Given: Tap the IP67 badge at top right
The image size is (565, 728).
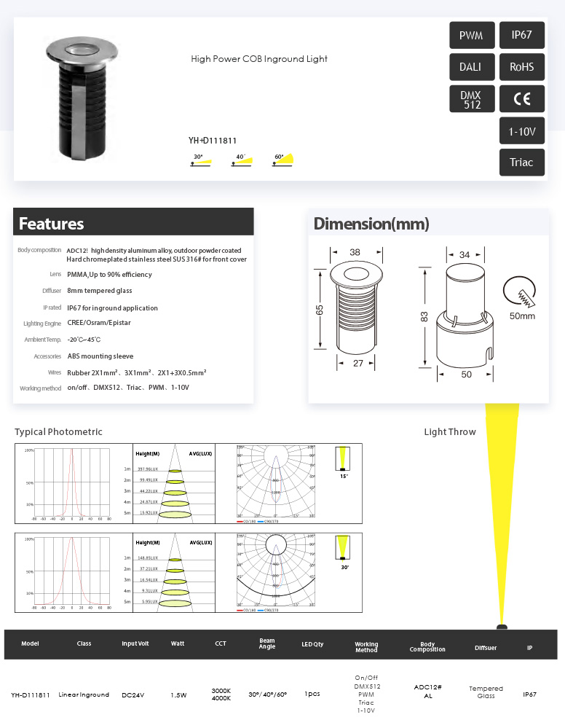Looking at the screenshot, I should [522, 35].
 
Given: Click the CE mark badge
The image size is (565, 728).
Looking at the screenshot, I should [522, 99].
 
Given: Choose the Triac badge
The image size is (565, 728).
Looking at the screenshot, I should [522, 163].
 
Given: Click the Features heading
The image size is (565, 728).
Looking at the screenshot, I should [51, 224].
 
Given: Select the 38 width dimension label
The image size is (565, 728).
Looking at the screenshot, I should [355, 252].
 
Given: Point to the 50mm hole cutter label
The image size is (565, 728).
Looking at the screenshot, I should [521, 316].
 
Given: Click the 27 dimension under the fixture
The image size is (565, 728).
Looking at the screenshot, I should [357, 363].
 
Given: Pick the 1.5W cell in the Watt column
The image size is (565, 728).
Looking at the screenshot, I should [178, 695].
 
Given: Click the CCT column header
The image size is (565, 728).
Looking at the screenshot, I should [221, 643].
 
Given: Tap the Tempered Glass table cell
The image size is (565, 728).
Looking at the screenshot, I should [486, 692].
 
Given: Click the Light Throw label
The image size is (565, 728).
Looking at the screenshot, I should [450, 432].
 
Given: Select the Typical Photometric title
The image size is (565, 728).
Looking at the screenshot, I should [58, 432].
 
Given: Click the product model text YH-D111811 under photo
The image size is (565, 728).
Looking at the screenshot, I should [213, 141].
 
